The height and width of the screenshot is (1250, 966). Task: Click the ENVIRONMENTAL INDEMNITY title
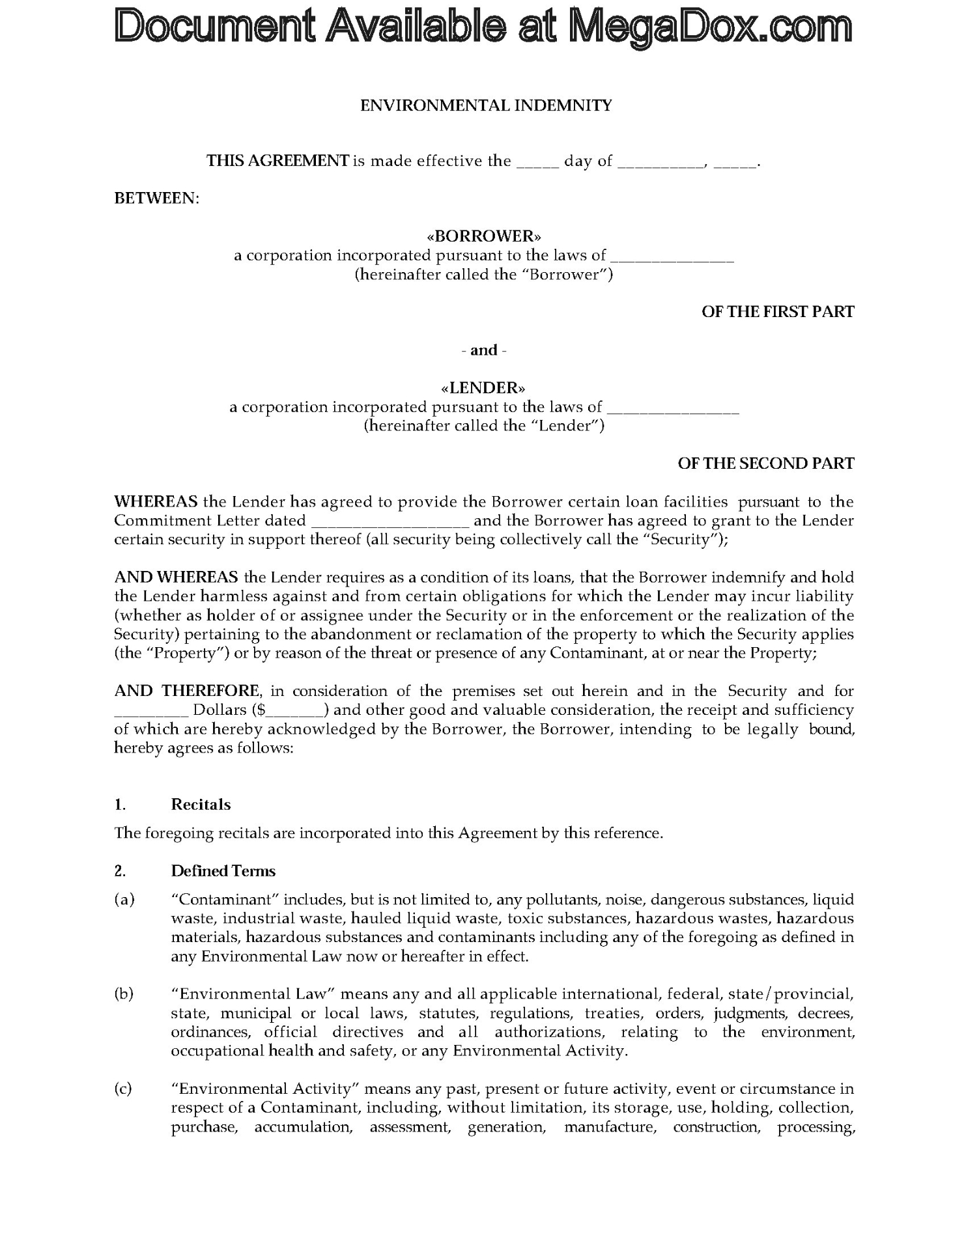click(486, 105)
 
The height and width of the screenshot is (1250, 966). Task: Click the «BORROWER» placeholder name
click(483, 235)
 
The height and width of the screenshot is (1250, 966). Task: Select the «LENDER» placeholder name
click(483, 388)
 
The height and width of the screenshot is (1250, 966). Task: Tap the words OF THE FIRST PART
click(777, 312)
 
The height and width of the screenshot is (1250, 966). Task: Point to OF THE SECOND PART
click(765, 464)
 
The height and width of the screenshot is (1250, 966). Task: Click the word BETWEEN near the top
click(156, 198)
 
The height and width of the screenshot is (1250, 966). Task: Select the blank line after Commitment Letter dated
click(390, 521)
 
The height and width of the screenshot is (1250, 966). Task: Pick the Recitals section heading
click(201, 805)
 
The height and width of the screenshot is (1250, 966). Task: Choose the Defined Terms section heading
click(223, 871)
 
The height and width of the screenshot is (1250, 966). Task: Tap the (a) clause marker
click(124, 900)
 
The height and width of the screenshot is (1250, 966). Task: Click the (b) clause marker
click(124, 994)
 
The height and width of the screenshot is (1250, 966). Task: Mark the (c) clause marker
click(123, 1089)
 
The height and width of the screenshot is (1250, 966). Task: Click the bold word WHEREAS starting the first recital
click(156, 502)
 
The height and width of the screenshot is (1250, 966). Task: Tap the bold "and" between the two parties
click(483, 350)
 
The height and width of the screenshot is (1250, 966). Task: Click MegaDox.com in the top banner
click(710, 26)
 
